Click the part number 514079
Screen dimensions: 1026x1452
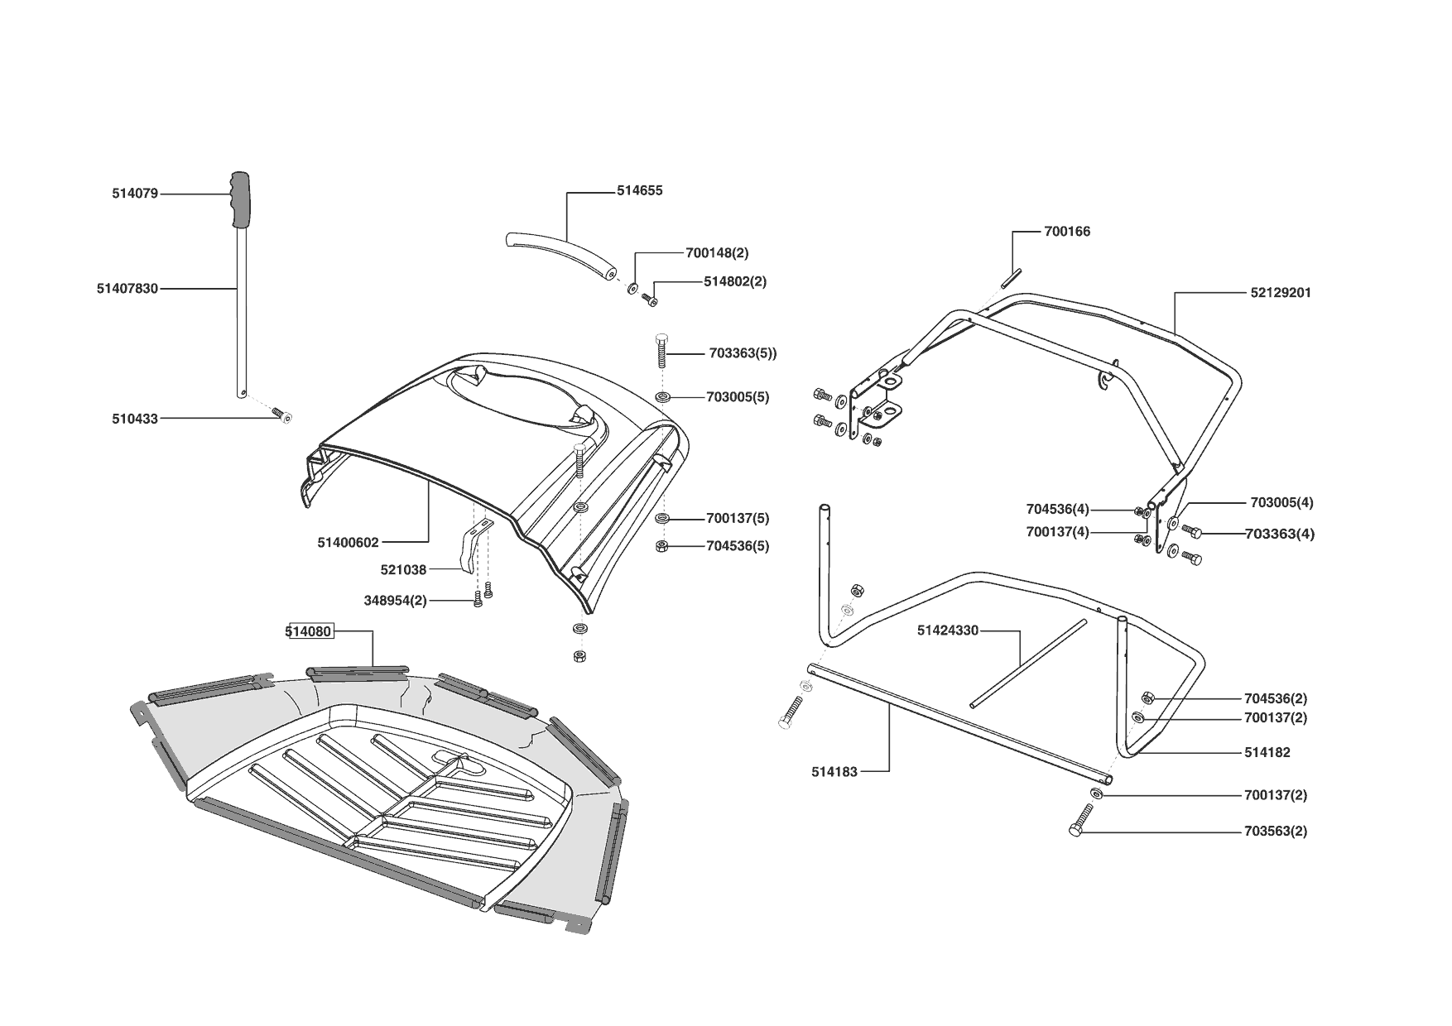[x=135, y=194]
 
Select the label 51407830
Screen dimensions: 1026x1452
[x=127, y=289]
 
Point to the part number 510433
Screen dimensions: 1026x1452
[x=135, y=420]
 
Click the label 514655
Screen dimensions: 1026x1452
[x=640, y=190]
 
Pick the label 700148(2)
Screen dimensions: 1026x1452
[x=717, y=252]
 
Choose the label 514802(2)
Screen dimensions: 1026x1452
[x=735, y=281]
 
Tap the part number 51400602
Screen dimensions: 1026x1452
[x=348, y=543]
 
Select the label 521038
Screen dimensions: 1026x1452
[x=403, y=570]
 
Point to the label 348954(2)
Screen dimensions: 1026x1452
[x=395, y=601]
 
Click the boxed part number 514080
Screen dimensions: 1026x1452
[x=309, y=631]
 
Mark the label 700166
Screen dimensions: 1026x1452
[x=1067, y=232]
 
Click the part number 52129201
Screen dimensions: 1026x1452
[x=1281, y=293]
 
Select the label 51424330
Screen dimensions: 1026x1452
[x=948, y=630]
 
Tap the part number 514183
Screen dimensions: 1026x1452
[x=834, y=771]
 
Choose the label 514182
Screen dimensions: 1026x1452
[x=1267, y=753]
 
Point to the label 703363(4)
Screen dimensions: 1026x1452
[x=1279, y=534]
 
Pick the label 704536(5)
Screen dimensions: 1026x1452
[x=738, y=546]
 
